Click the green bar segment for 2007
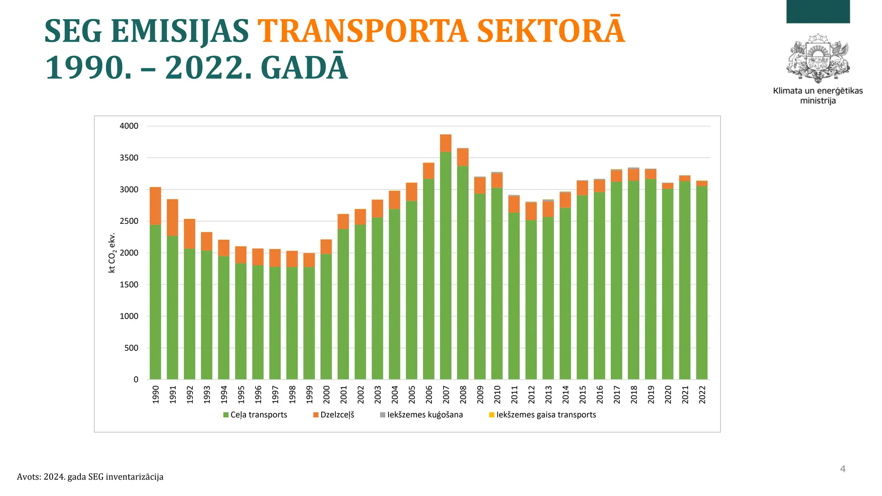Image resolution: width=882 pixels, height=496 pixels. [446, 265]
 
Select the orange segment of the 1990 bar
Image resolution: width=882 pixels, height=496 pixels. [155, 206]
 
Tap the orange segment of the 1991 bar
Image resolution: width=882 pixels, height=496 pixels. [173, 217]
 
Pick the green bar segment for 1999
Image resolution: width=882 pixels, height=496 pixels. [309, 323]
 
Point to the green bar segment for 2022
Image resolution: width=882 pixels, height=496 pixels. [702, 282]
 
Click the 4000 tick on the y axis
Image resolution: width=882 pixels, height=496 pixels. [129, 126]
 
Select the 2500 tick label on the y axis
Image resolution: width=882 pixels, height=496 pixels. [129, 221]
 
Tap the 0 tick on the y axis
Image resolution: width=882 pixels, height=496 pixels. [136, 379]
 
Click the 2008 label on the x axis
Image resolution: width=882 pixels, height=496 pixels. [463, 394]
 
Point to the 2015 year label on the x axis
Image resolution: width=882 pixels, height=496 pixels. [583, 394]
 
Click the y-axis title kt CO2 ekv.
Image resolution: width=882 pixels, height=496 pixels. [112, 253]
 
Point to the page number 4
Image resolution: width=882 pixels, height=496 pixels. [843, 469]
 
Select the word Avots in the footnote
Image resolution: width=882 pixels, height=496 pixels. [28, 477]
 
